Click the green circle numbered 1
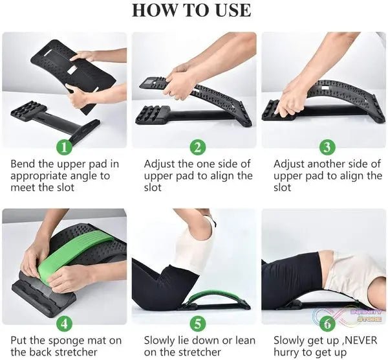(64, 147)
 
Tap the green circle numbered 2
(198, 147)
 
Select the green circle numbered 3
(327, 147)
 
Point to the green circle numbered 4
(64, 323)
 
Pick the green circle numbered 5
(198, 323)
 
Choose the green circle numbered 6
(327, 323)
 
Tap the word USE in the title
(233, 10)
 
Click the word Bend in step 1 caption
(23, 164)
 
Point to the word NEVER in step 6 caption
(361, 340)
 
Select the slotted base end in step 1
(29, 111)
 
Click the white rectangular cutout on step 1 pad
(73, 70)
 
